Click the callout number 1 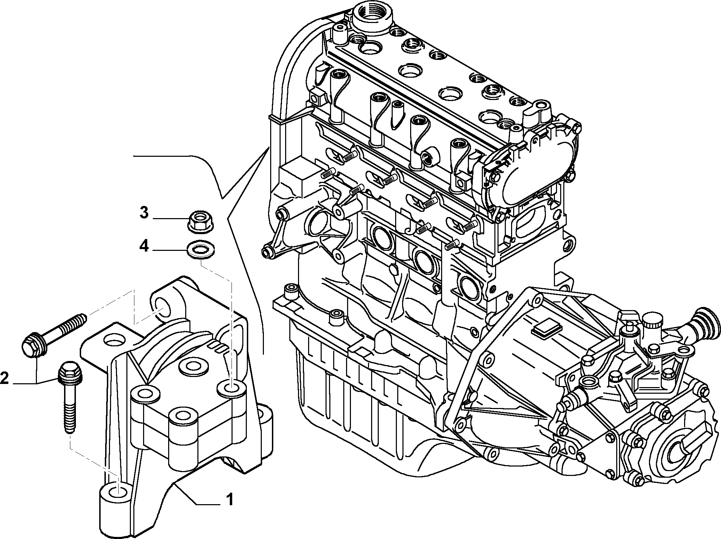(x=229, y=501)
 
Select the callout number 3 (x=144, y=213)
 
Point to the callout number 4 (x=144, y=247)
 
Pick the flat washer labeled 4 (x=201, y=250)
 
